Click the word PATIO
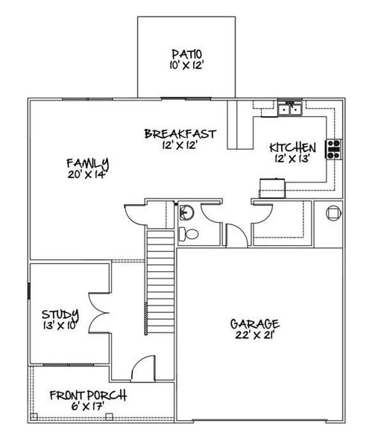point(187,54)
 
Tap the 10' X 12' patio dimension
point(187,65)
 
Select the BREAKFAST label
point(180,134)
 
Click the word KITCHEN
point(293,147)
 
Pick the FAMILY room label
point(87,163)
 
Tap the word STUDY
point(60,314)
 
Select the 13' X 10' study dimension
point(60,326)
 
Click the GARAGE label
point(255,324)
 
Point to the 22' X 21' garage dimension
point(255,335)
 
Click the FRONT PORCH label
point(88,395)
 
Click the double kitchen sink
point(289,112)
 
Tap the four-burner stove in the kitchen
point(332,150)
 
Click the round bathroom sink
point(186,213)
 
